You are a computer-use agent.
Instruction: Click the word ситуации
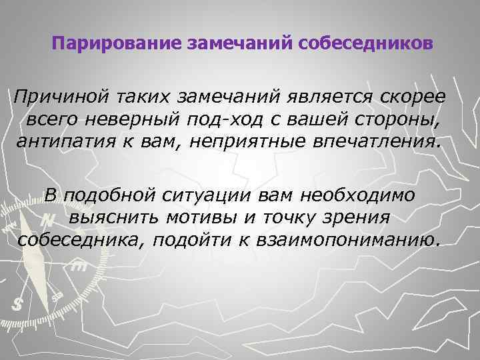point(202,196)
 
